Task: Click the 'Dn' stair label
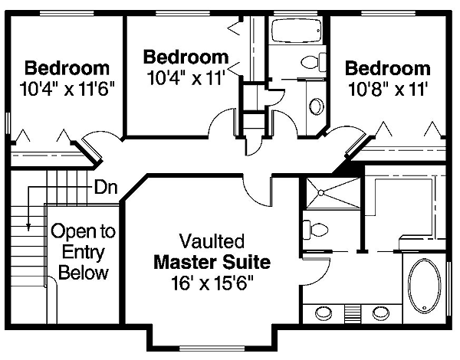(106, 187)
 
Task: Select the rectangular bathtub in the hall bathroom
(296, 31)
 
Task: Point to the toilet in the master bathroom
(315, 230)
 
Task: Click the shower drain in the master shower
(321, 193)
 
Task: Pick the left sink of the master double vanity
(324, 313)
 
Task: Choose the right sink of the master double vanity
(381, 313)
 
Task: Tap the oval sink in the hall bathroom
(317, 106)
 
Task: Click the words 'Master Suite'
(212, 262)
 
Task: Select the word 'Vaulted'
(212, 241)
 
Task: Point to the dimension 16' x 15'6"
(212, 283)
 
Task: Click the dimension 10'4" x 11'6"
(67, 88)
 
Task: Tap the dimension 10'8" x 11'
(387, 89)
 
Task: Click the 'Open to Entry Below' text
(84, 252)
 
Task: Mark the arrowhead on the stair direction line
(28, 227)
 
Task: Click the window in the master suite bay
(212, 349)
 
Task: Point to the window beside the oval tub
(449, 289)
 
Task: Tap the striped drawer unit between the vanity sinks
(353, 314)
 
